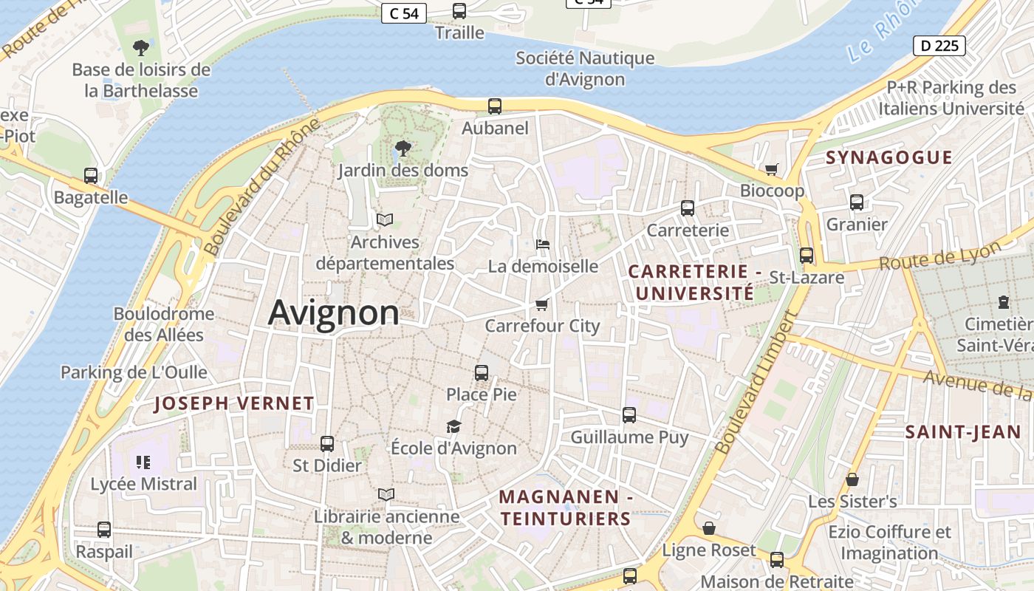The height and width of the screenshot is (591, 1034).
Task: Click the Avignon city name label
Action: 333,312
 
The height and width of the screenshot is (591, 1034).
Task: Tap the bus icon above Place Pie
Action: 482,373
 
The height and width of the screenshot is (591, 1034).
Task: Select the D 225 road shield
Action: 939,46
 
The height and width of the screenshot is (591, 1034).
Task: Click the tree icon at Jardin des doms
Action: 403,148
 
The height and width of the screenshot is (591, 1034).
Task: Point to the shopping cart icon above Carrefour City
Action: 541,304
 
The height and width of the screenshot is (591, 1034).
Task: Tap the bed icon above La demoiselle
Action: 542,244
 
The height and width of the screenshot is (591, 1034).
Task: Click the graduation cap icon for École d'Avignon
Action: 453,426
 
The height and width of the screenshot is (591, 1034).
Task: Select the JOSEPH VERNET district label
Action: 234,403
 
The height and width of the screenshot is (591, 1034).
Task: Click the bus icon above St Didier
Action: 327,444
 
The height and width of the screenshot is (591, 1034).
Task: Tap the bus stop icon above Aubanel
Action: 495,106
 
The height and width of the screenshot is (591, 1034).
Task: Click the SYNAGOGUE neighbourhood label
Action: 889,157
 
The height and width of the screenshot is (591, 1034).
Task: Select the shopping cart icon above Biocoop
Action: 772,169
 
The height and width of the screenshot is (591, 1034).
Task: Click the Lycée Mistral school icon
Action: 143,463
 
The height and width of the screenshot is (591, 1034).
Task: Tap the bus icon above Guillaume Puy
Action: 629,415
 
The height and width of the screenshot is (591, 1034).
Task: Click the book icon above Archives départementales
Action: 385,219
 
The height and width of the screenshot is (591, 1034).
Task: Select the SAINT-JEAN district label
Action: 953,432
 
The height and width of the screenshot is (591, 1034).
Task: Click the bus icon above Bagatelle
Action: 91,176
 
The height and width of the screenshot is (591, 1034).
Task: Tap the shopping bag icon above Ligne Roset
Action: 709,528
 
